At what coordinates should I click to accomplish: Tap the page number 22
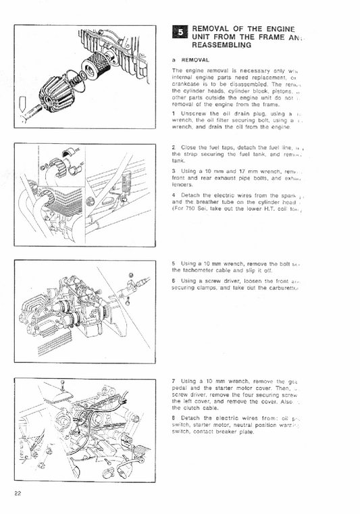point(18,493)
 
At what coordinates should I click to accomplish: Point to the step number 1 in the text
point(174,113)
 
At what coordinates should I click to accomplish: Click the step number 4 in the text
point(174,196)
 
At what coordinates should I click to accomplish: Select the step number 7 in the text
point(174,382)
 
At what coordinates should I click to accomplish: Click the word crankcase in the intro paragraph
point(190,83)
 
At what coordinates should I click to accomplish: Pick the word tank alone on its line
point(178,161)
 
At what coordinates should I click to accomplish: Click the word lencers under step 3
point(183,184)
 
